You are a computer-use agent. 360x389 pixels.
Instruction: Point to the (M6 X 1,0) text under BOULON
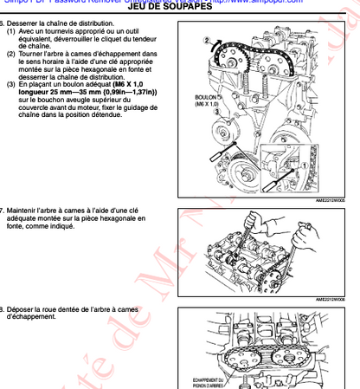[205, 104]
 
